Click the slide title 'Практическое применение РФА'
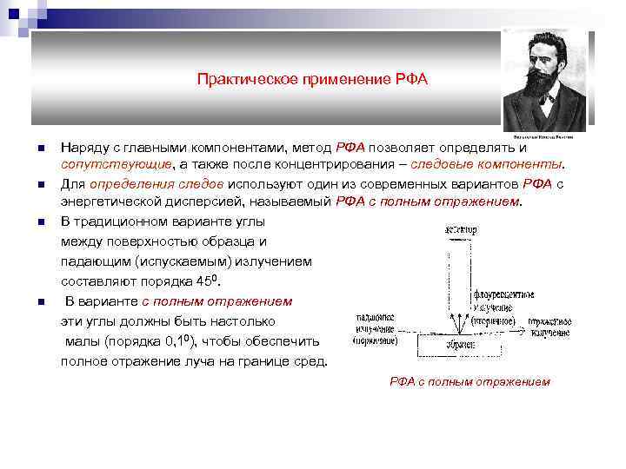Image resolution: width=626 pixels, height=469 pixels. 312,80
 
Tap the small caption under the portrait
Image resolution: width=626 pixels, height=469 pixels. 546,136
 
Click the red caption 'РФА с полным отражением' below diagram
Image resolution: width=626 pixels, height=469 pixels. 469,381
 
